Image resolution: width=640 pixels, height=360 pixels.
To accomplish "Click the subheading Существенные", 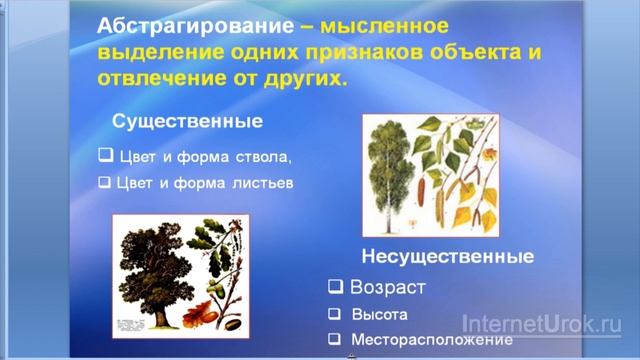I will tap(187, 122).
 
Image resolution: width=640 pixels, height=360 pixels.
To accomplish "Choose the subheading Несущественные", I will tap(446, 256).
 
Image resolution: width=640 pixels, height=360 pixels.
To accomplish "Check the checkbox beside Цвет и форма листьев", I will tap(105, 183).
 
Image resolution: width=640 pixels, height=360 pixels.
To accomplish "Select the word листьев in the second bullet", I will tap(264, 183).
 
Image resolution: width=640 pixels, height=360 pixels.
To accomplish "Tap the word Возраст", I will tap(388, 288).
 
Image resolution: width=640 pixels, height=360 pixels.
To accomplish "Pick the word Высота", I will tap(379, 314).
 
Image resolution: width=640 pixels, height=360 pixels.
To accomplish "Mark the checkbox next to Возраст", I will tap(336, 288).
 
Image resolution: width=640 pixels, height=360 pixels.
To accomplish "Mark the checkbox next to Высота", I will tap(336, 314).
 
